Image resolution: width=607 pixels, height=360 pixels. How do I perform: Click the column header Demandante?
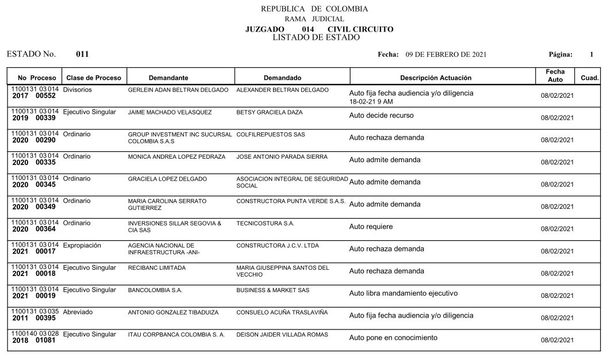click(x=168, y=78)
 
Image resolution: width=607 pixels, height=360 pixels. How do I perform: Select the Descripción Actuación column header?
click(x=435, y=78)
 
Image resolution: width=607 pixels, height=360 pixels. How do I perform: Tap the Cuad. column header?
click(x=590, y=78)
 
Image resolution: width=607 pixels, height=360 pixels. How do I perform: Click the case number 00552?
click(x=45, y=97)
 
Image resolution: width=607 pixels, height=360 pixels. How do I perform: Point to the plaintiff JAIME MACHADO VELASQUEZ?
click(x=170, y=112)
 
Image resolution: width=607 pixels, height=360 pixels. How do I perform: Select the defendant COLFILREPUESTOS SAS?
click(x=271, y=135)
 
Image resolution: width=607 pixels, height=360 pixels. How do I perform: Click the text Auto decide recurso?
click(x=381, y=115)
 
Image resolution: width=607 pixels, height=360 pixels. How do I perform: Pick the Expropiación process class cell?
click(x=82, y=246)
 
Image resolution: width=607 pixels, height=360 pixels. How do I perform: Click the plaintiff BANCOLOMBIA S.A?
click(x=155, y=290)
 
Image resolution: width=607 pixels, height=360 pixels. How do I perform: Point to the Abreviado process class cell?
click(x=78, y=312)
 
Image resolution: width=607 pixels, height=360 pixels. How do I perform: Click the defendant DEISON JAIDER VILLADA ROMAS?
click(x=282, y=335)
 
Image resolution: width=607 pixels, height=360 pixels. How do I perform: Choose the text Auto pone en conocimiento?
click(x=393, y=338)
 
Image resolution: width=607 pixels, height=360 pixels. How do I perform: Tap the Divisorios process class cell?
click(x=78, y=90)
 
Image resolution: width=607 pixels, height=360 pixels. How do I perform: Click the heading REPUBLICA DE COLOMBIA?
click(x=314, y=9)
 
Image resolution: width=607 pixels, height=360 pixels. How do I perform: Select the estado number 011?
click(x=82, y=55)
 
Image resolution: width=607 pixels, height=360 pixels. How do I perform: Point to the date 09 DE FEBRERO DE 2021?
click(x=446, y=55)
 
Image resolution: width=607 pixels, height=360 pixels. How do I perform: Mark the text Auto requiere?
click(x=371, y=227)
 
